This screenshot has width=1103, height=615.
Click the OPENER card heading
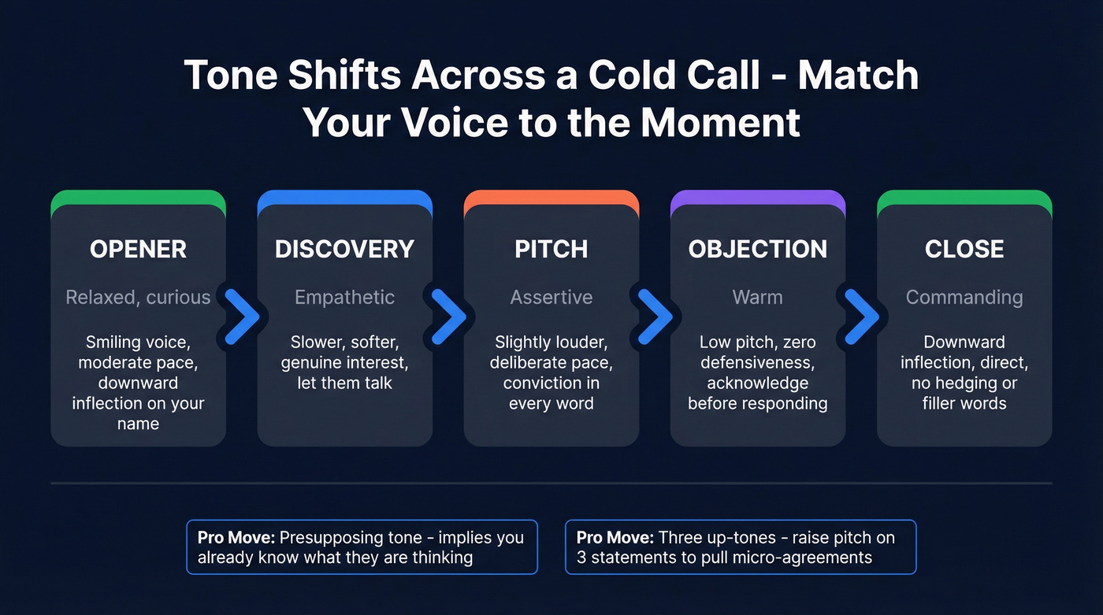click(x=138, y=249)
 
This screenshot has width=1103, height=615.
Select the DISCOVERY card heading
click(x=344, y=249)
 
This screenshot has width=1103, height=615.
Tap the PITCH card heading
click(x=551, y=249)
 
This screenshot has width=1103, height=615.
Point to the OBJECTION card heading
click(x=758, y=249)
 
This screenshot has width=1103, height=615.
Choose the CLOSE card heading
click(x=964, y=249)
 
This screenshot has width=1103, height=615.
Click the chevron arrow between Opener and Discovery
click(x=242, y=317)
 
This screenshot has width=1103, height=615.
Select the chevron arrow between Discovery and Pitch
click(x=448, y=317)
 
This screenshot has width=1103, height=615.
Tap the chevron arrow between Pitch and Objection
click(x=655, y=317)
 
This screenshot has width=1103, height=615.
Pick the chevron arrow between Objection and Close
click(x=861, y=317)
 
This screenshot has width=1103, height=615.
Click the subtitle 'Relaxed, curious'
click(x=138, y=297)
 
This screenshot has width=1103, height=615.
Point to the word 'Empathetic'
click(x=344, y=297)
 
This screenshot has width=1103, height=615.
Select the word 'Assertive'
click(x=551, y=297)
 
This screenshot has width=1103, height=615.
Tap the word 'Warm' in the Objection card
click(x=758, y=297)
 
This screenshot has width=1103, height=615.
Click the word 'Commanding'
click(x=964, y=297)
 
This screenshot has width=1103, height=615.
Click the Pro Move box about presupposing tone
click(x=362, y=547)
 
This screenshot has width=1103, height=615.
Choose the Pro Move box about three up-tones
click(x=741, y=547)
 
